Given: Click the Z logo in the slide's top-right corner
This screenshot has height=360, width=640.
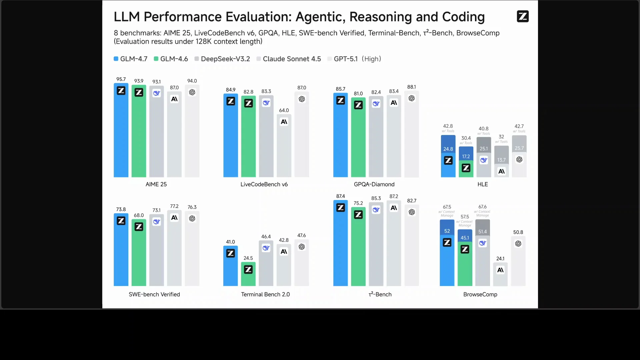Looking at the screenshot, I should click(522, 16).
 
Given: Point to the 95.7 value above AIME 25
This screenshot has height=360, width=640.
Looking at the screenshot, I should click(121, 79).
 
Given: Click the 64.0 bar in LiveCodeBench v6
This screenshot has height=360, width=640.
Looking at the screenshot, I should click(284, 147).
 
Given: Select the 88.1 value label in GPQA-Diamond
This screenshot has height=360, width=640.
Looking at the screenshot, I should click(411, 87).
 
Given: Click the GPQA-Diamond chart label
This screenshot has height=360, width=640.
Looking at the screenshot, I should click(374, 184).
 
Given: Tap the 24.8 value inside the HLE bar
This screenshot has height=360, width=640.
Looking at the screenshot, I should click(448, 149).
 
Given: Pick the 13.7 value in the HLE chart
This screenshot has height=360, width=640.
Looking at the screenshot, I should click(501, 160).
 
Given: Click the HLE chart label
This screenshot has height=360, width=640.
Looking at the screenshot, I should click(482, 184).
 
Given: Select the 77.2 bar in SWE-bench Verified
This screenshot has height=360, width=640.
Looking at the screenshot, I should click(174, 250).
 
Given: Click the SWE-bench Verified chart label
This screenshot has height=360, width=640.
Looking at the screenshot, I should click(154, 294).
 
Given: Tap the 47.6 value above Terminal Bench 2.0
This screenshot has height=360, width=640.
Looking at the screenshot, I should click(302, 235).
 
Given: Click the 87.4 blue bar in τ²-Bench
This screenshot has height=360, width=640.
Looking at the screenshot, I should click(340, 247).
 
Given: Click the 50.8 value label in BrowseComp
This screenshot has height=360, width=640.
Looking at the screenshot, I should click(518, 232).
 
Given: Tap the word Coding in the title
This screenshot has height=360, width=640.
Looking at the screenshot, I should click(463, 17).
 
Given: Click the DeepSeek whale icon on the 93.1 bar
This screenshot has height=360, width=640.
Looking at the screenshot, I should click(157, 93).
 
